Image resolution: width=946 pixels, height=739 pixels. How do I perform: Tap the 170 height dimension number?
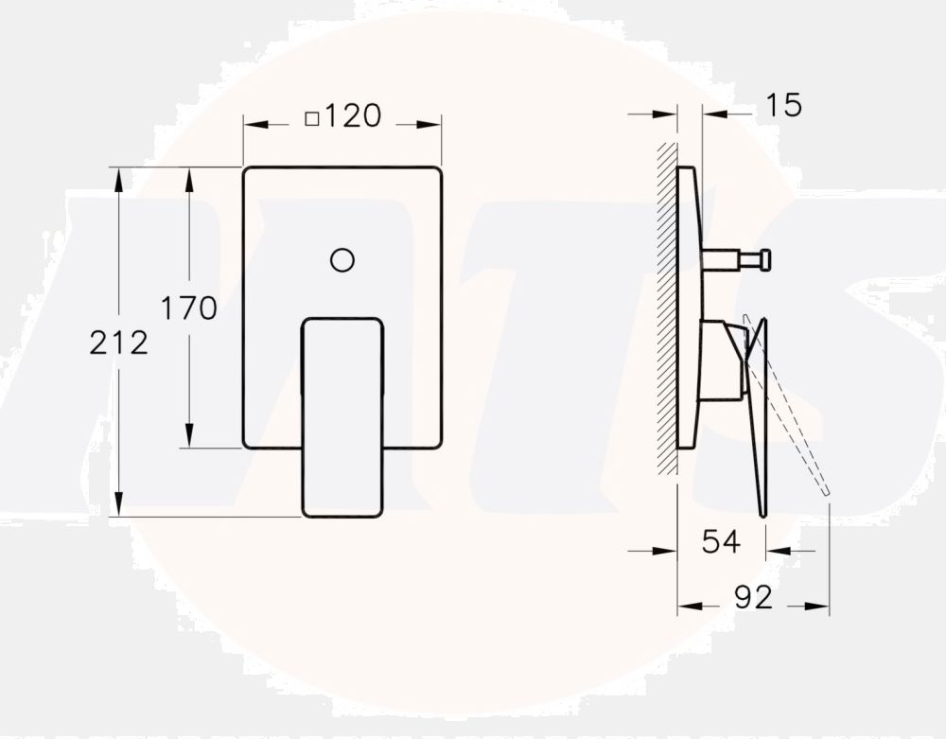[x=188, y=308]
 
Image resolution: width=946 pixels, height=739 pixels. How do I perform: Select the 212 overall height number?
[x=119, y=343]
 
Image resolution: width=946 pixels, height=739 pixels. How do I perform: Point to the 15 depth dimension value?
[x=782, y=105]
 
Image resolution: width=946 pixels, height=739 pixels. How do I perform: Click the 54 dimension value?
[x=720, y=542]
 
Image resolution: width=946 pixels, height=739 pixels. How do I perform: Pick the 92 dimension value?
[x=753, y=597]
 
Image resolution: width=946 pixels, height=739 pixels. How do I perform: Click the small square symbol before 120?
[x=312, y=118]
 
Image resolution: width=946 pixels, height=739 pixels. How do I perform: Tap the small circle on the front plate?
[x=342, y=258]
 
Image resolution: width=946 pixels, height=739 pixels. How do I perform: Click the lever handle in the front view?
[x=342, y=416]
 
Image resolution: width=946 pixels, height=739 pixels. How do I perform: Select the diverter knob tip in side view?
[x=764, y=258]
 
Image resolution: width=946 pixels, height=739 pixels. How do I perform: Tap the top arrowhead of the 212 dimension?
[x=118, y=177]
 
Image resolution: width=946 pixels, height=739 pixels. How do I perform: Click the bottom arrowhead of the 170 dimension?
[x=189, y=438]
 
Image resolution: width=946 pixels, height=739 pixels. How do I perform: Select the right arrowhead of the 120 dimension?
[x=431, y=124]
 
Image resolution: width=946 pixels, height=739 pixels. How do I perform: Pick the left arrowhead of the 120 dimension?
[x=254, y=124]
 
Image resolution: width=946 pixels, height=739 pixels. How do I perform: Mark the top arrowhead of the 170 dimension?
[x=189, y=177]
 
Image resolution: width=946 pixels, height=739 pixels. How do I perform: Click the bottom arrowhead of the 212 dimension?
[x=118, y=507]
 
